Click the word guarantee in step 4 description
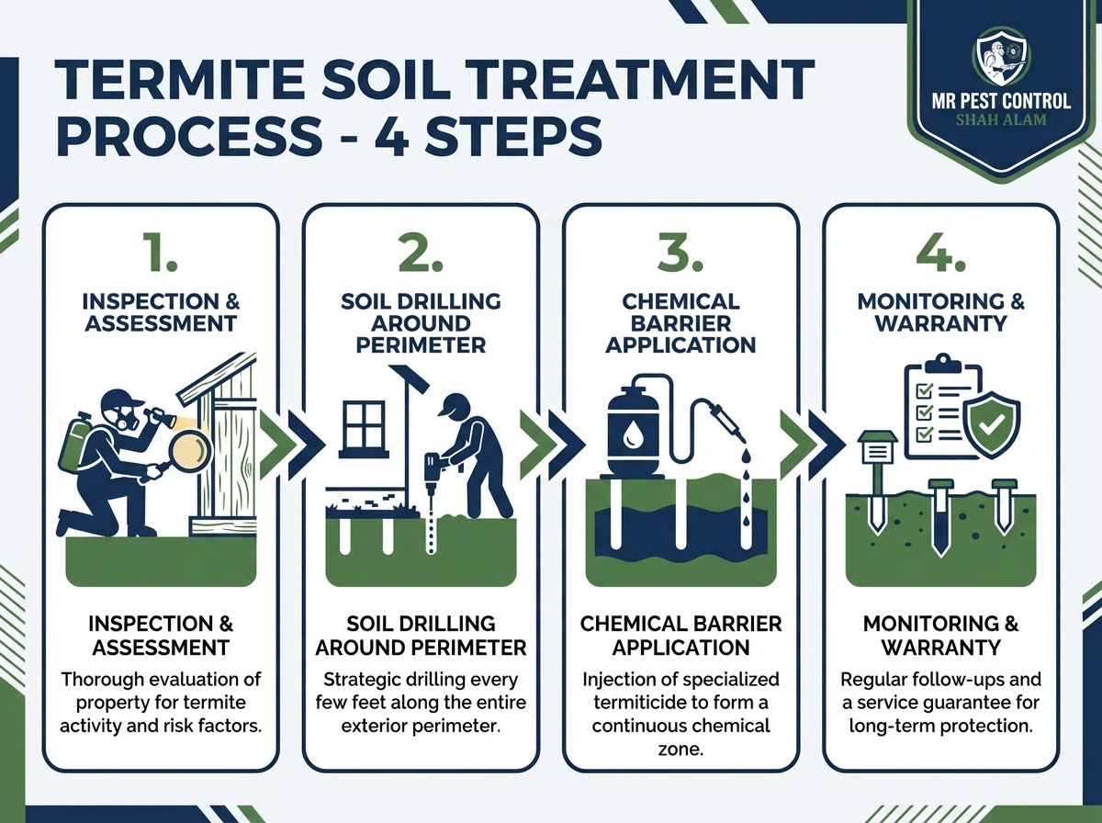(950, 704)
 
